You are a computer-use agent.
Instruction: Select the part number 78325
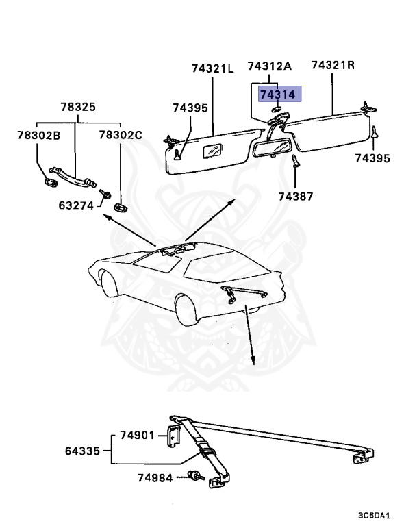(77, 108)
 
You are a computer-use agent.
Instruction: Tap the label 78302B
(39, 135)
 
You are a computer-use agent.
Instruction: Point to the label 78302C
(121, 135)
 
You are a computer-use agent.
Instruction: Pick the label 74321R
(333, 65)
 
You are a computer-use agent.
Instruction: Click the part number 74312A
(270, 66)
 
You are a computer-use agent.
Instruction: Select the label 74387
(295, 197)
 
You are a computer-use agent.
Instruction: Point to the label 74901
(139, 436)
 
